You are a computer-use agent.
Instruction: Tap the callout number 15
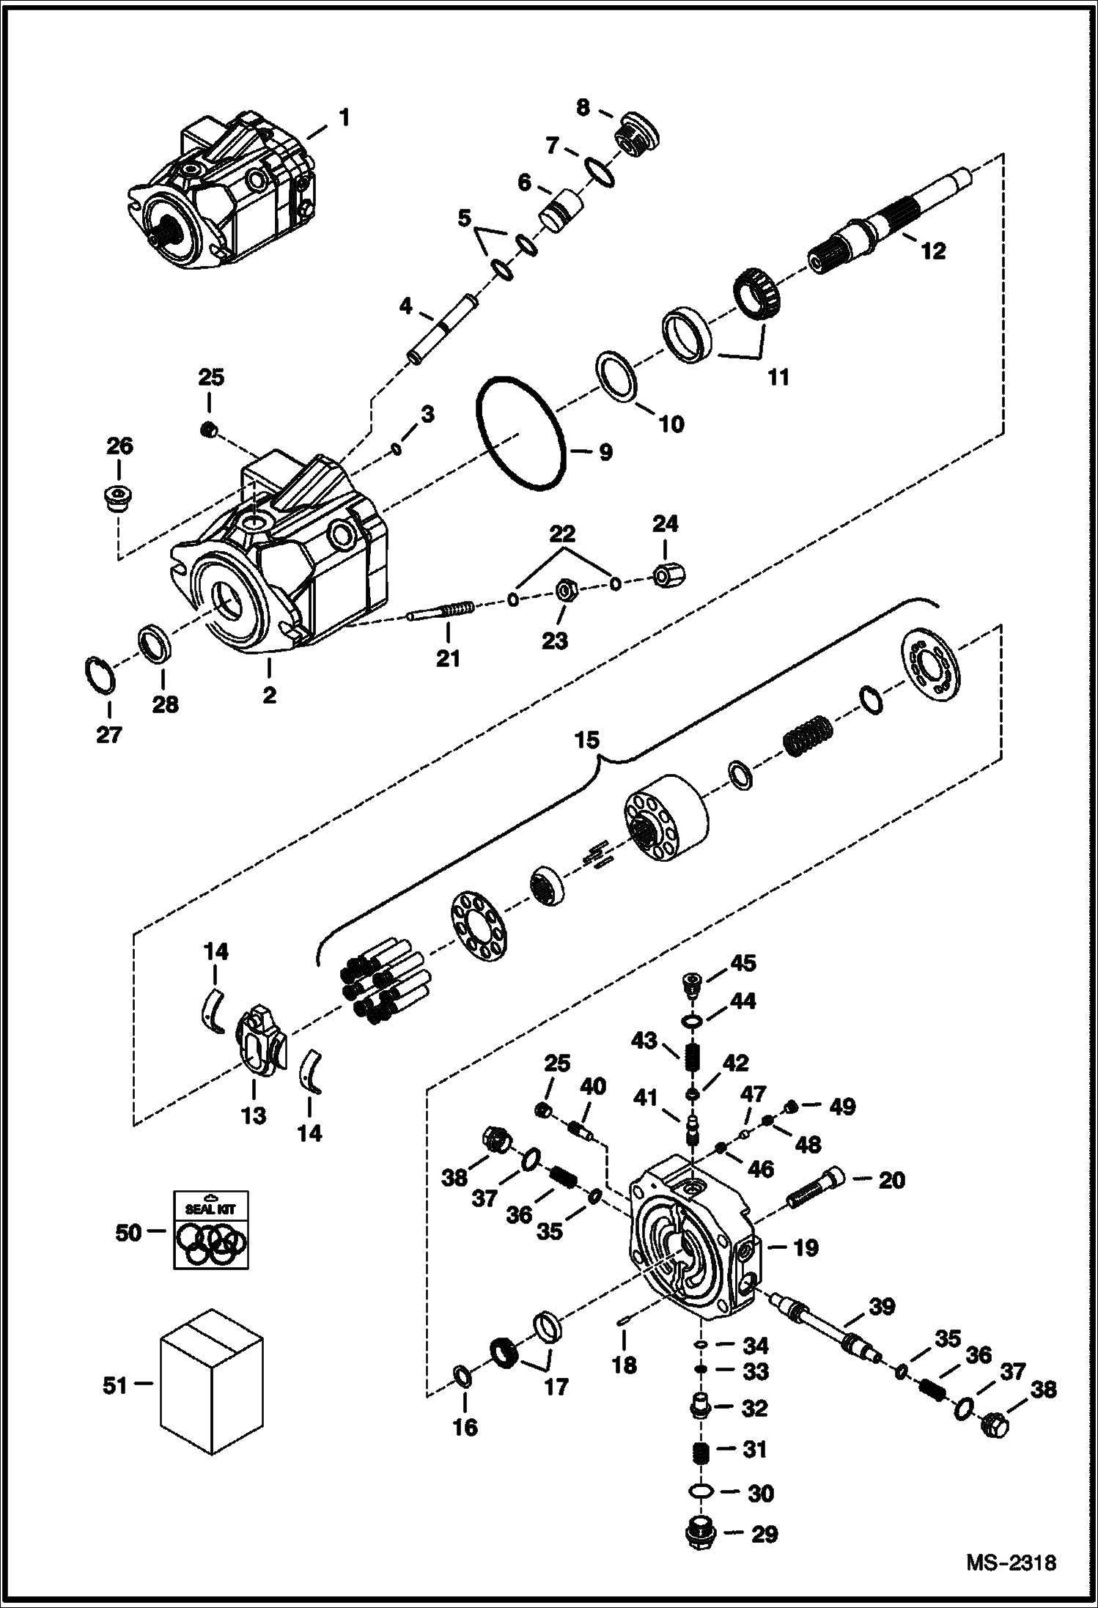click(x=586, y=740)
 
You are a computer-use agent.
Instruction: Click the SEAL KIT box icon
click(x=210, y=1229)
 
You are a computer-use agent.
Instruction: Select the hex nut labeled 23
click(x=565, y=589)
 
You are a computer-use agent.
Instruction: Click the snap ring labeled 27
click(x=99, y=674)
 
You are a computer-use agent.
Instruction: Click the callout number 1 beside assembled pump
click(x=344, y=117)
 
